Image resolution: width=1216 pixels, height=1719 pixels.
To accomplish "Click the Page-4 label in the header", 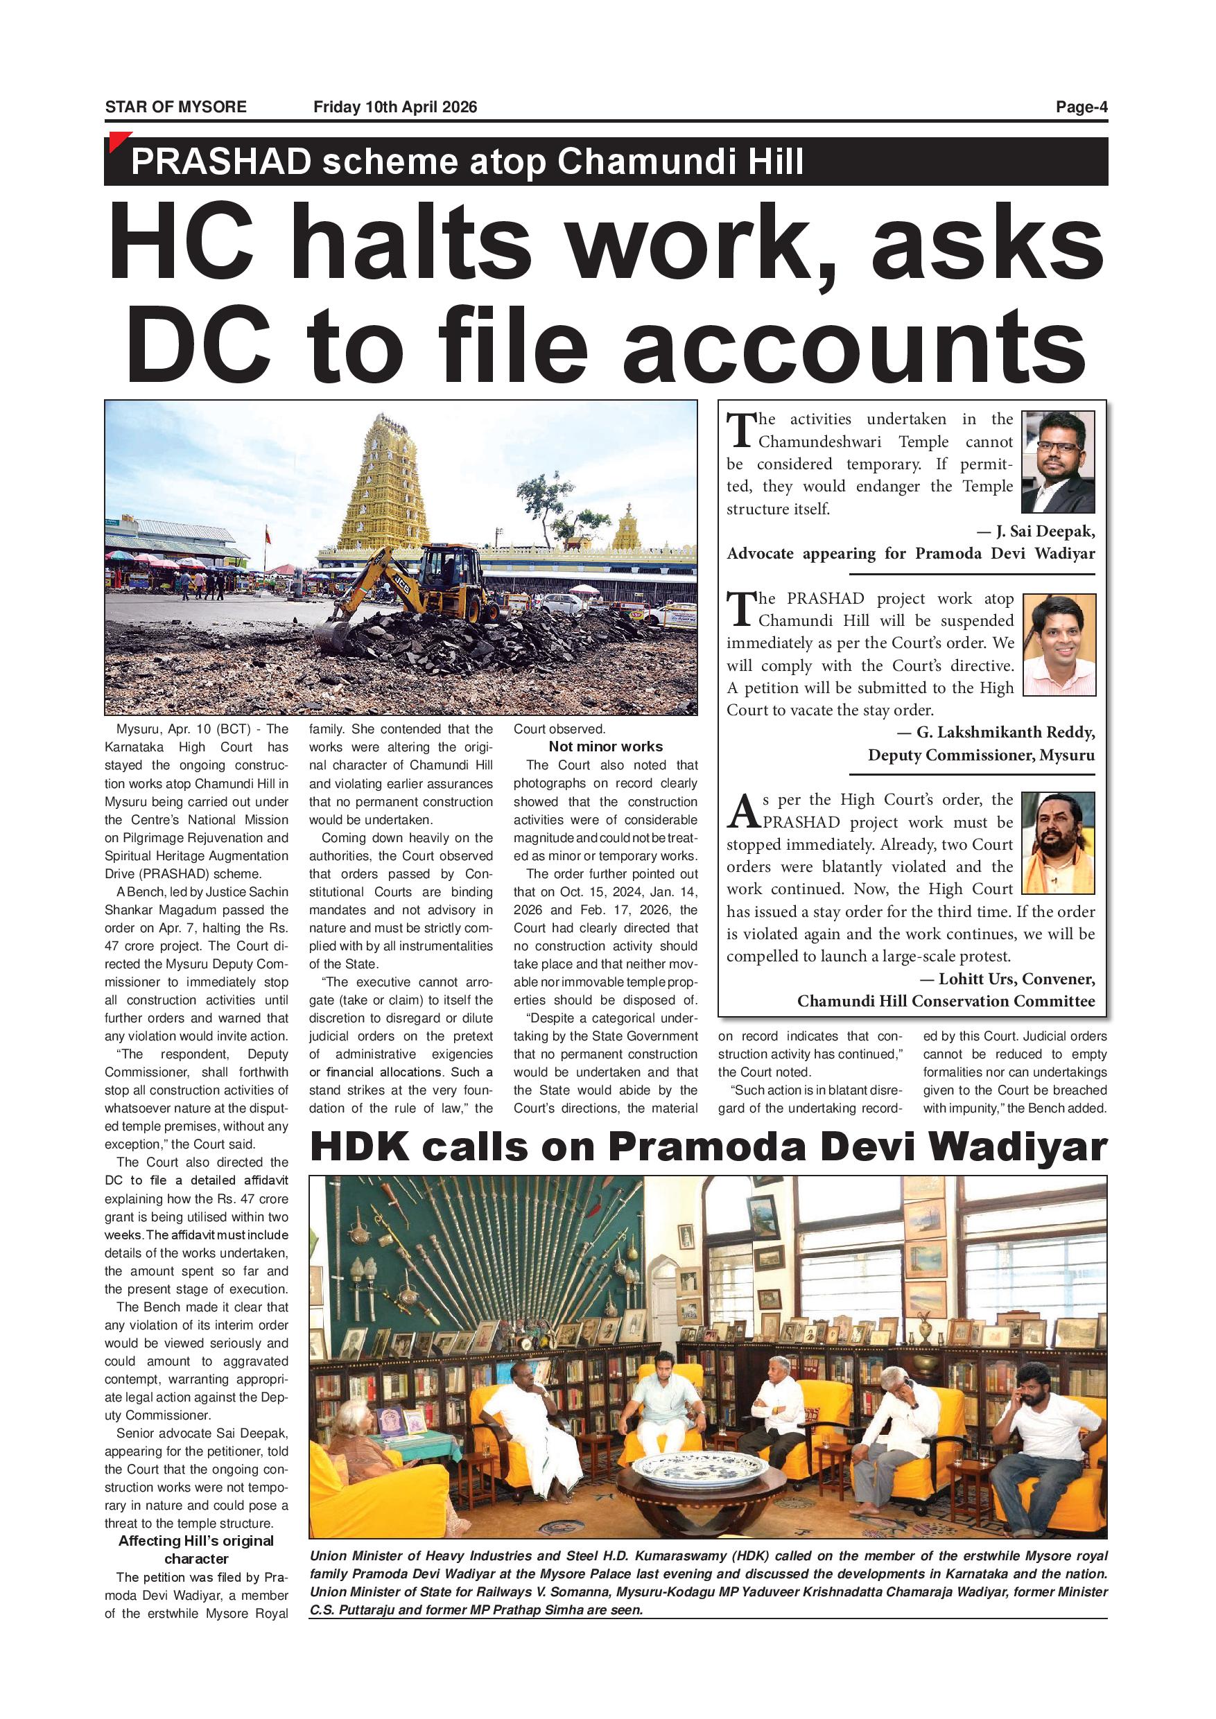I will (x=1081, y=107).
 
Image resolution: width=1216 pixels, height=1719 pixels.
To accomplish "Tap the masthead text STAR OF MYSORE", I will (x=175, y=107).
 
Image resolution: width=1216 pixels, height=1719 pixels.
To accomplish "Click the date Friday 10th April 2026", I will (x=394, y=107).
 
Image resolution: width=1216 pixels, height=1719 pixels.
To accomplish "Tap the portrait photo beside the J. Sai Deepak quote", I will (x=1057, y=461).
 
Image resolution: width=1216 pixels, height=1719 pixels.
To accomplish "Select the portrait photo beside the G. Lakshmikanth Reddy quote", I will (x=1058, y=645).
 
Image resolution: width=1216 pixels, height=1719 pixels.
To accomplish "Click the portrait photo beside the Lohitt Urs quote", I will (x=1057, y=842).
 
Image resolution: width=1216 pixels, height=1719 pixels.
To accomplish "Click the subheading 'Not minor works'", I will (x=605, y=747).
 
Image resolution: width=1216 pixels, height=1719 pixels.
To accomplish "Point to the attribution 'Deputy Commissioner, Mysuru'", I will (x=981, y=755).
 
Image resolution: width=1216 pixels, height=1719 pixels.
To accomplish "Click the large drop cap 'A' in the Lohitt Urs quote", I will (x=743, y=812).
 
